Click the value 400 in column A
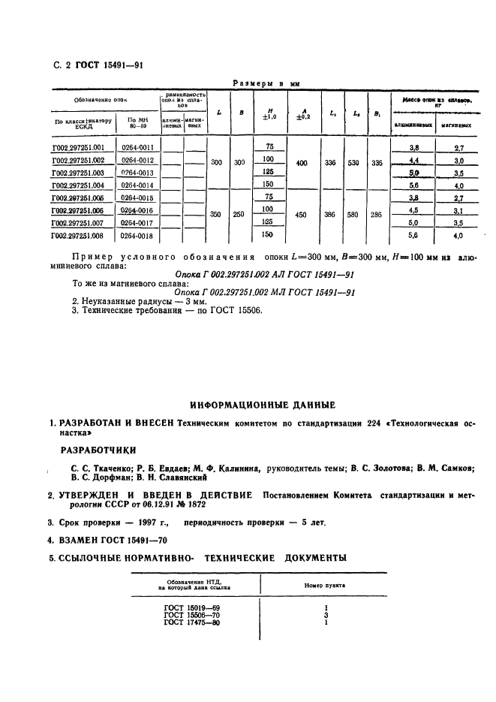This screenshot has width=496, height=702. click(302, 162)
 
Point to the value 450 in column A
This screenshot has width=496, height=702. click(302, 214)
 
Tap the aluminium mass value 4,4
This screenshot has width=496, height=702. click(413, 161)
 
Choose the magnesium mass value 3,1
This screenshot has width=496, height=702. click(458, 211)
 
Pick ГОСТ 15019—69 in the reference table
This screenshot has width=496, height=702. click(192, 606)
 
